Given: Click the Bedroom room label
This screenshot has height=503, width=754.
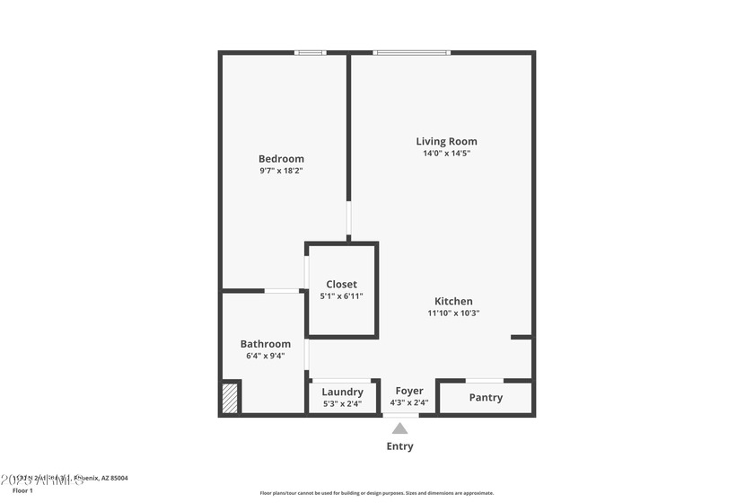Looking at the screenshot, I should point(281,159).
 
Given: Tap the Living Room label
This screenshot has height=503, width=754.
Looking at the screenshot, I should point(446,141).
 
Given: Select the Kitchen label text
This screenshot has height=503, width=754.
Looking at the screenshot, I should point(453,302).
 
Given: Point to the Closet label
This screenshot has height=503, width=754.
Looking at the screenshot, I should point(341,285).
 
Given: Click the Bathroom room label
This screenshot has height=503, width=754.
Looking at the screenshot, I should point(265,344).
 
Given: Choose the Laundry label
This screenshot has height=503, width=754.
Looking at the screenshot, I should point(342,392).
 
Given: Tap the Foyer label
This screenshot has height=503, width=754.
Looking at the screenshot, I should point(409,391).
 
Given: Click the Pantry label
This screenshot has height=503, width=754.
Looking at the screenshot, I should point(486,397).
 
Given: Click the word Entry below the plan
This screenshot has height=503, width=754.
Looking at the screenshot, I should point(399,446).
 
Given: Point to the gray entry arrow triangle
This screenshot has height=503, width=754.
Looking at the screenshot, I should point(399,428).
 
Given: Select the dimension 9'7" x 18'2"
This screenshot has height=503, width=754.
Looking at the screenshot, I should point(281,171).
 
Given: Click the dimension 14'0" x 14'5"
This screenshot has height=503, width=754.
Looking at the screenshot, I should point(446,154).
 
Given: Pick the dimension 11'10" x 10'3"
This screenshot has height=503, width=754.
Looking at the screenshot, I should point(453,313).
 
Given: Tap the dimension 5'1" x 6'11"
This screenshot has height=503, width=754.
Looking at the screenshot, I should point(341,296).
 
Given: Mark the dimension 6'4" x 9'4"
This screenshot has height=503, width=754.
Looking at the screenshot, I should point(265,356).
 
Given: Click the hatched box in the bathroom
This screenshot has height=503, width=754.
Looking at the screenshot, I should point(231,398).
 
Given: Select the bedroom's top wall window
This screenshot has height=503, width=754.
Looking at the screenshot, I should point(311,53).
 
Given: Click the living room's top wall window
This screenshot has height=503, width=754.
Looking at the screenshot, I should point(412,53).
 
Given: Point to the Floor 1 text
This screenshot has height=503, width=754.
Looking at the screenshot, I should point(22,490).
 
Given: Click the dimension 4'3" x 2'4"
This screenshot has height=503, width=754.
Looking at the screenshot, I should point(409,402).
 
